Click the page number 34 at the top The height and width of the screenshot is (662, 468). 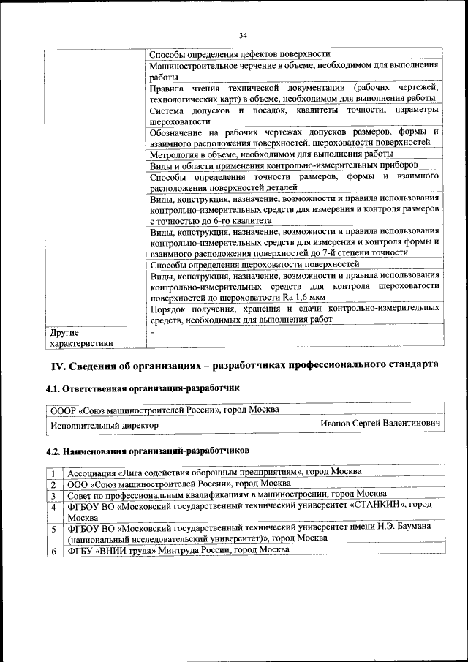pyautogui.click(x=243, y=34)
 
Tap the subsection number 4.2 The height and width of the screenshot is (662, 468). pyautogui.click(x=54, y=451)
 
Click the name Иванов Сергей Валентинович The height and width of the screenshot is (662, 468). pyautogui.click(x=380, y=424)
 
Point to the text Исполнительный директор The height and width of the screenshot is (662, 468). pyautogui.click(x=104, y=425)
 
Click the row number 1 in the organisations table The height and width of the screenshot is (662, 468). pyautogui.click(x=53, y=473)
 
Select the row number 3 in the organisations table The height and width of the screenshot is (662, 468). pyautogui.click(x=53, y=495)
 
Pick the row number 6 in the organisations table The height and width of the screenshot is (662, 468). pyautogui.click(x=53, y=551)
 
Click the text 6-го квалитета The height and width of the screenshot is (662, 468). pyautogui.click(x=235, y=219)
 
